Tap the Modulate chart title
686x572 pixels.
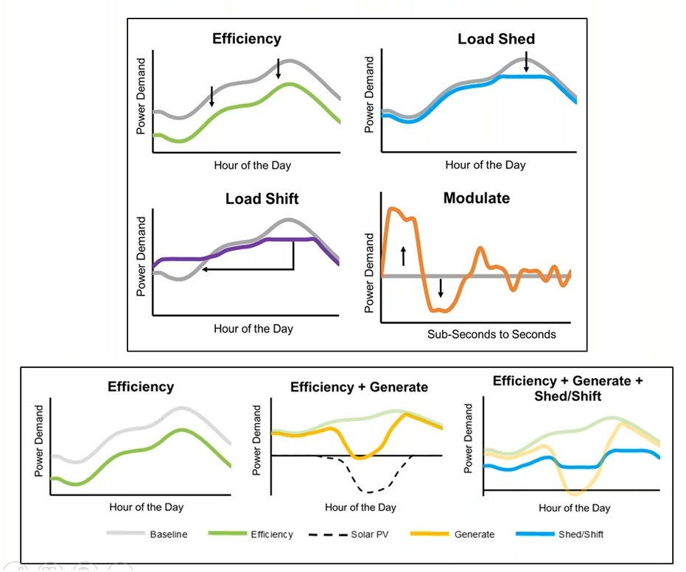pyautogui.click(x=476, y=198)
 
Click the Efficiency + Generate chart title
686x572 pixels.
pyautogui.click(x=359, y=387)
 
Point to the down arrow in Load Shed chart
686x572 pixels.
pyautogui.click(x=526, y=64)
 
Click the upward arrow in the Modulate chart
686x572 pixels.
pyautogui.click(x=403, y=257)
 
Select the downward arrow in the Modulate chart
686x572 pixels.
pyautogui.click(x=440, y=287)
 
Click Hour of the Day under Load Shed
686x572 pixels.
pyautogui.click(x=486, y=165)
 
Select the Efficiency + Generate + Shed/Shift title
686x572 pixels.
pyautogui.click(x=567, y=388)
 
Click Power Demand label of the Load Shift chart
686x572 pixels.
pyautogui.click(x=142, y=257)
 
